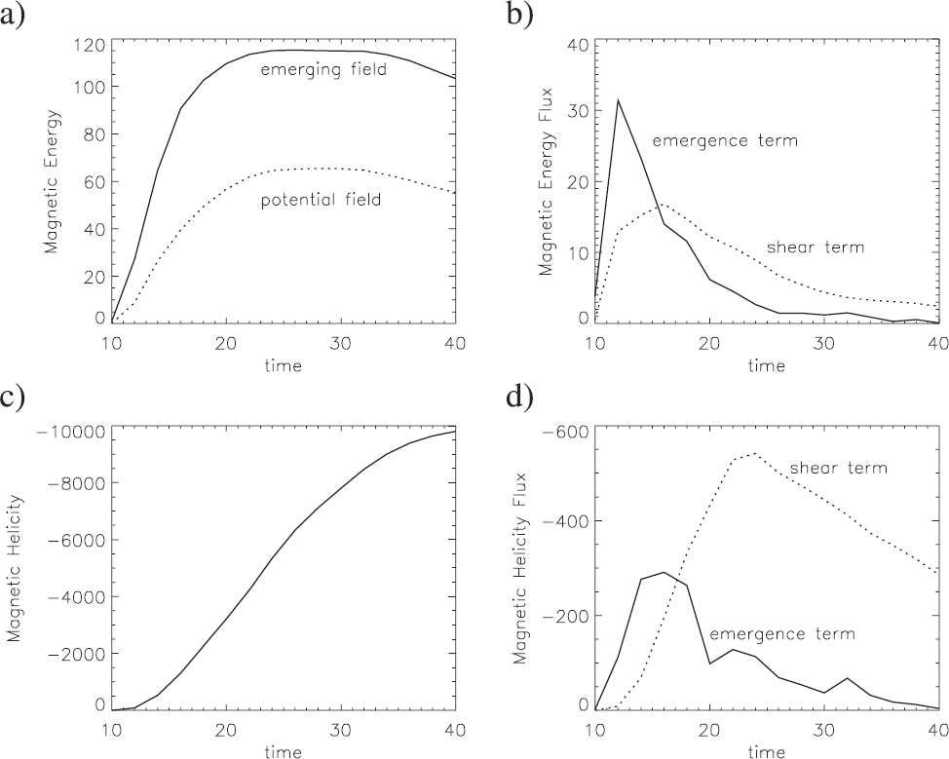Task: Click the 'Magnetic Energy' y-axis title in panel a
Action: [56, 182]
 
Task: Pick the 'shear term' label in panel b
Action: [816, 247]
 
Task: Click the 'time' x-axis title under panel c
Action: [284, 751]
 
